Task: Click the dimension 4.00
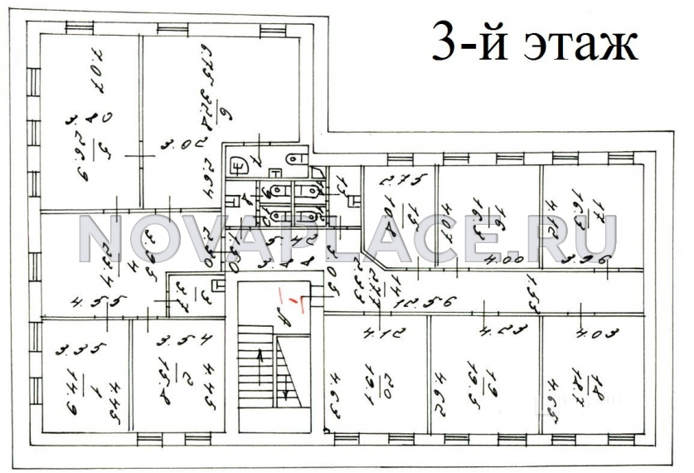497,262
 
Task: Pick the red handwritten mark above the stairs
292,300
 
